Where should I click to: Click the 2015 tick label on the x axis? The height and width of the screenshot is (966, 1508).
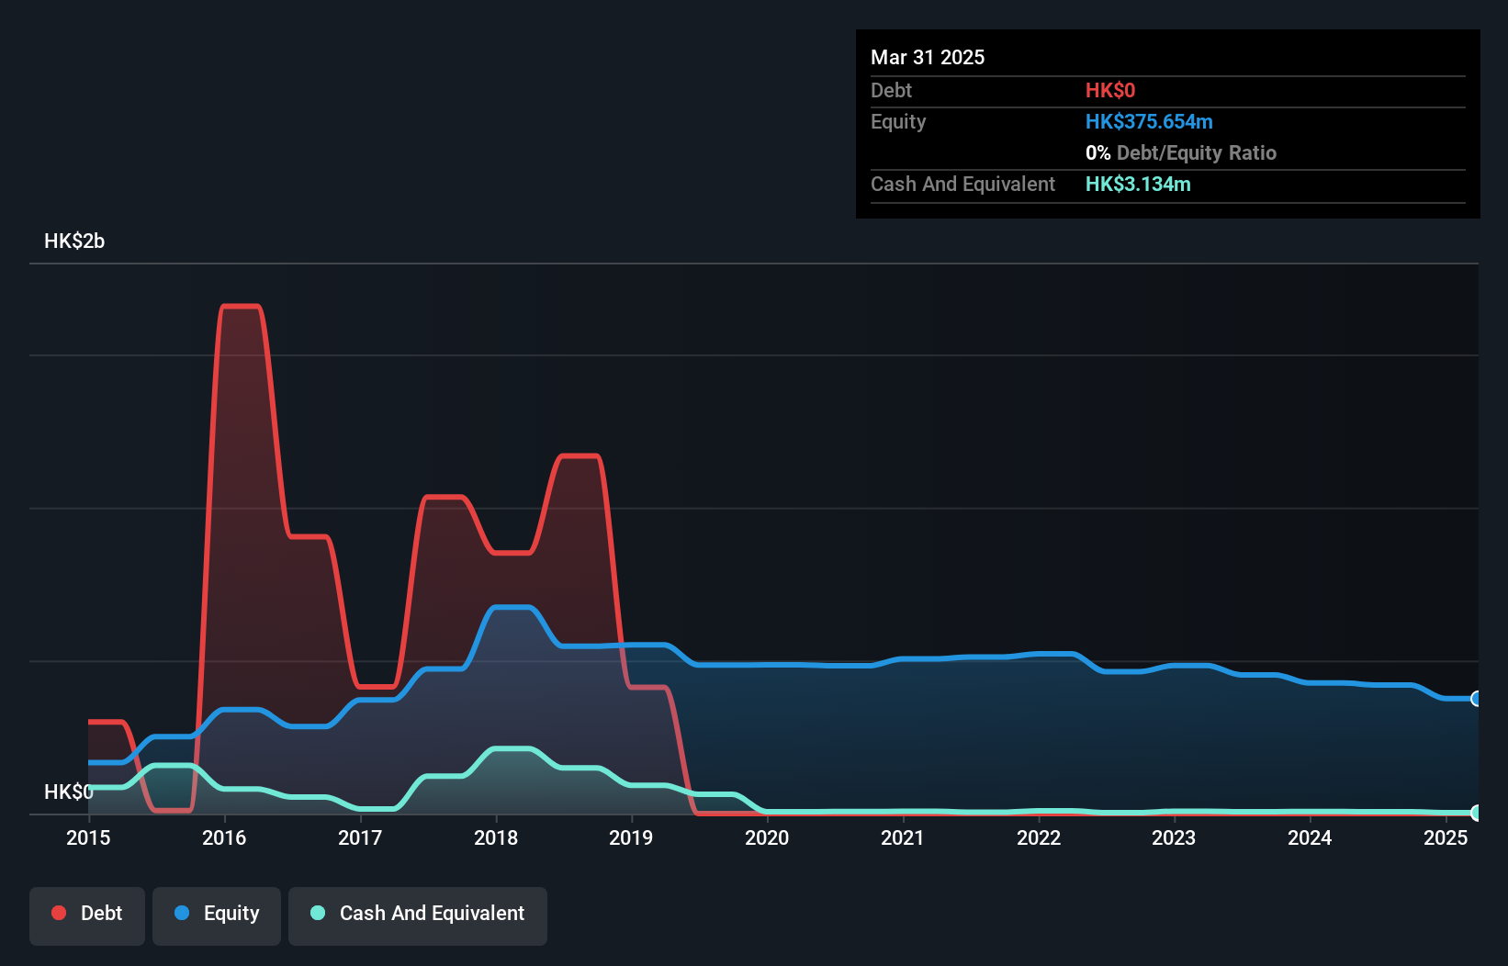(x=88, y=837)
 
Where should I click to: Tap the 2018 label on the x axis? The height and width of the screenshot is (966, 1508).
(x=496, y=837)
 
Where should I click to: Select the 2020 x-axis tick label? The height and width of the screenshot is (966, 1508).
(x=767, y=837)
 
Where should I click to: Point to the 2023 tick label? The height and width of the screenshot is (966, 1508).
(x=1174, y=837)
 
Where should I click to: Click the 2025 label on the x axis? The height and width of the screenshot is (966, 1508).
(x=1446, y=837)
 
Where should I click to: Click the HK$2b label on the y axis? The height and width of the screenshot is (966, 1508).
(x=74, y=241)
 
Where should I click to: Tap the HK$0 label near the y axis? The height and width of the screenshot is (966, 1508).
(x=68, y=792)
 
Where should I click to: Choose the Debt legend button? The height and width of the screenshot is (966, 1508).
(x=87, y=914)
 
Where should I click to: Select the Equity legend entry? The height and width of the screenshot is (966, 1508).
(x=217, y=914)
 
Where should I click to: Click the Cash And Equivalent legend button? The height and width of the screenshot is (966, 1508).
(x=418, y=914)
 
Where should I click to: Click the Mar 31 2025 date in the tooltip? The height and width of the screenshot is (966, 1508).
(x=928, y=57)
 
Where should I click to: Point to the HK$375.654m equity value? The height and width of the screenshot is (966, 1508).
(x=1149, y=121)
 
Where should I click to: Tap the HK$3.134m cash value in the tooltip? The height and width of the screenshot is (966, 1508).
(x=1138, y=184)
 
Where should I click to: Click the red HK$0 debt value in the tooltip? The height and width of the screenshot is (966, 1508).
(x=1110, y=90)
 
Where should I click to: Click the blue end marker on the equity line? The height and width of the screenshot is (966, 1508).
(x=1476, y=699)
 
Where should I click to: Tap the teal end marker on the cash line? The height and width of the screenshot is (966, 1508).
(x=1476, y=813)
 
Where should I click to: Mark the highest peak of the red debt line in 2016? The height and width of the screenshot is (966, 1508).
(x=241, y=306)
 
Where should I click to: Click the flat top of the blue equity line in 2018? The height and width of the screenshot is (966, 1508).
(x=512, y=607)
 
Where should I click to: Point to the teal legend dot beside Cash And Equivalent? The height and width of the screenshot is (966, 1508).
(x=318, y=913)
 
